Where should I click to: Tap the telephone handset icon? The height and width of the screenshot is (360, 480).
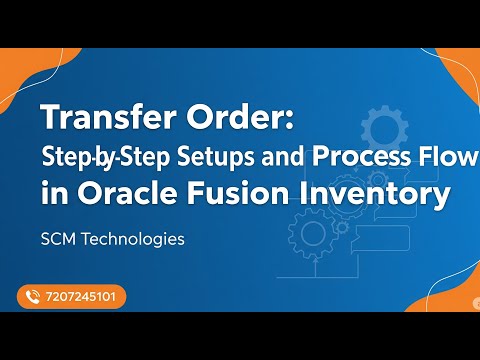click(32, 297)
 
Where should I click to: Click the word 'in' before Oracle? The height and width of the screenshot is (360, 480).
click(51, 194)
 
